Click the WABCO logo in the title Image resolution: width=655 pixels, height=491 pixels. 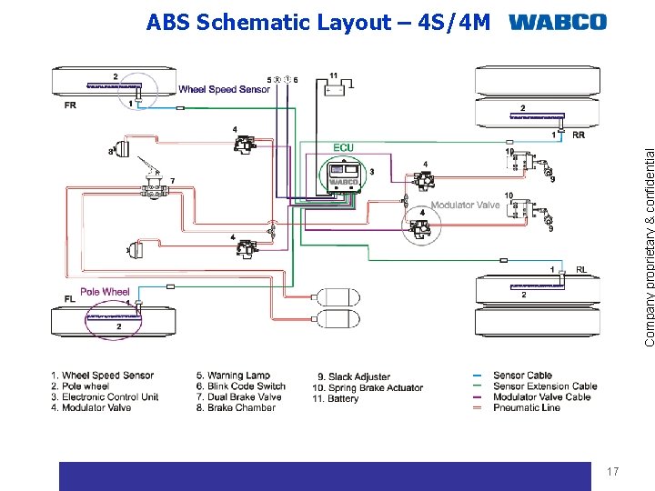coord(558,22)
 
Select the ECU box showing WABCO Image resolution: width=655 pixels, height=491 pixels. coord(344,175)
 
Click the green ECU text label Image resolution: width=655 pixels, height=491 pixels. coord(343,147)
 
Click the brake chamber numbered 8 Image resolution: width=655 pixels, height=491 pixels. coord(120,150)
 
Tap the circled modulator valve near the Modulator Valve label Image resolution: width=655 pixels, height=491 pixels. coord(421,223)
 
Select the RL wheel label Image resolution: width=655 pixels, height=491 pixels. coord(580,269)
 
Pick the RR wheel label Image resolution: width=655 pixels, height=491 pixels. coord(579,135)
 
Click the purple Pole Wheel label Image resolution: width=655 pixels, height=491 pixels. coord(105,292)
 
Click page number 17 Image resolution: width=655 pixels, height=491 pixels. coord(612,471)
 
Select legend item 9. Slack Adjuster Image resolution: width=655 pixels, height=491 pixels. coord(353,376)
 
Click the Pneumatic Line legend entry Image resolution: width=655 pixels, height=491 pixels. coord(527,408)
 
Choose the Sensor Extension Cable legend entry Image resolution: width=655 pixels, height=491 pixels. coord(545,386)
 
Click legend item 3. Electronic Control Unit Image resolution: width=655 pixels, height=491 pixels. coord(105,397)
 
